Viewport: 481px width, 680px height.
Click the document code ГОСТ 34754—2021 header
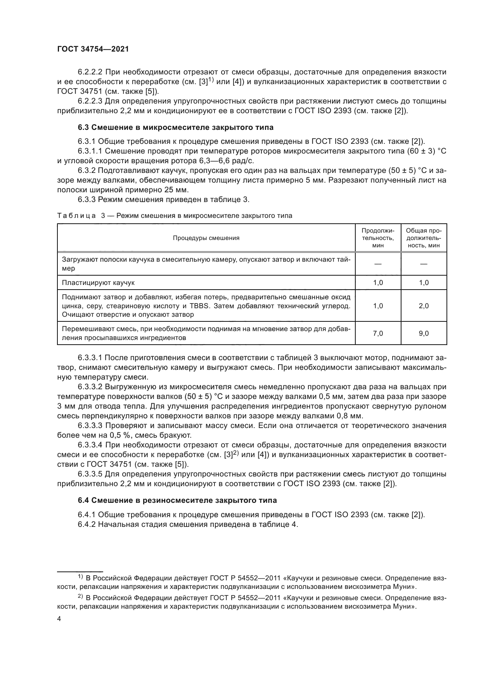(x=93, y=49)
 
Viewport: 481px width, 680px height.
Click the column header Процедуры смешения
(x=206, y=238)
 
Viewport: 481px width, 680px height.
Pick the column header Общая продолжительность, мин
(x=424, y=238)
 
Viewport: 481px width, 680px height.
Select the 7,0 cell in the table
(x=378, y=333)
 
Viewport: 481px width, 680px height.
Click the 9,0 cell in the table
(x=424, y=333)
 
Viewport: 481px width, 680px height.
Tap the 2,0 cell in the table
(x=424, y=306)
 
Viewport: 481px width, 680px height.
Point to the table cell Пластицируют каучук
(x=99, y=283)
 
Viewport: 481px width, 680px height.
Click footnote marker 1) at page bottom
(x=84, y=577)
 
